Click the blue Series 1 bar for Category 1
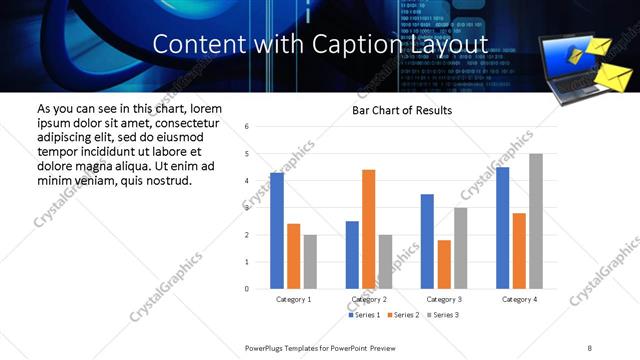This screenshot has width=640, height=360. click(x=277, y=231)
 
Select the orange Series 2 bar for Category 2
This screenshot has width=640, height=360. click(x=368, y=229)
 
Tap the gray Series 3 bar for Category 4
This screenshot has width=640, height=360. click(x=536, y=221)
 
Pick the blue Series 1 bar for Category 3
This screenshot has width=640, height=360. click(x=427, y=241)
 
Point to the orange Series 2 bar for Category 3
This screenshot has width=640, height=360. click(x=444, y=264)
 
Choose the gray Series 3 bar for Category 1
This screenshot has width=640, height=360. click(x=310, y=262)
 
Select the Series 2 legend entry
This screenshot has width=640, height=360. click(x=402, y=315)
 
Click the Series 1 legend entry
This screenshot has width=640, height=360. click(x=362, y=315)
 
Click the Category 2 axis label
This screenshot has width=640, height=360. click(x=368, y=299)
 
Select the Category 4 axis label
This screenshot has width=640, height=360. click(x=519, y=299)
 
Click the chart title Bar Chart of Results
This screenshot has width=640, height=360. click(x=403, y=110)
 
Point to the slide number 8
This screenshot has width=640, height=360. click(x=589, y=347)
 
